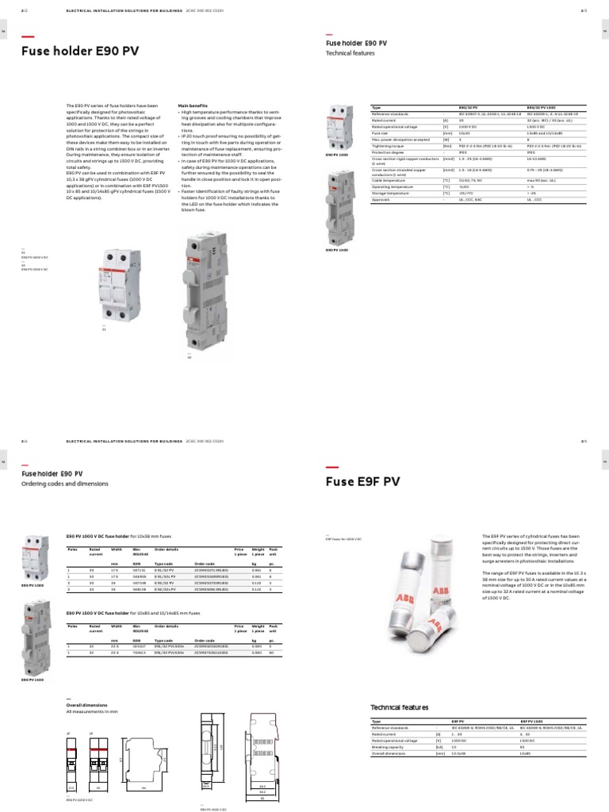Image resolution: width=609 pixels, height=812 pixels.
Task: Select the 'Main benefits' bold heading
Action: tap(193, 105)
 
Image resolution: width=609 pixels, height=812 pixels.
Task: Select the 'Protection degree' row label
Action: tap(390, 152)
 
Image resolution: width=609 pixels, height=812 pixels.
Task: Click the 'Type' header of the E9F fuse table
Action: tap(376, 722)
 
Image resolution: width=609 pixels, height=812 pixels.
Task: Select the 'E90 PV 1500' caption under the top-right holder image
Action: tap(335, 250)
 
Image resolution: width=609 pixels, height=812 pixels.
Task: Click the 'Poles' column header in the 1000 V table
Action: tap(72, 547)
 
